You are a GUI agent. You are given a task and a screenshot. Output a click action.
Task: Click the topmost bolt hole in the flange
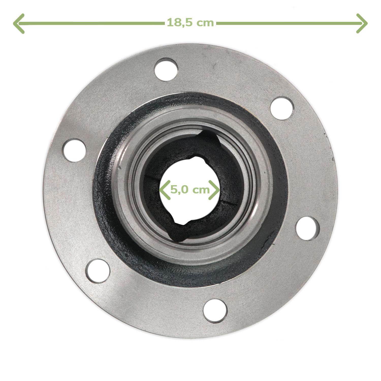pyautogui.click(x=166, y=69)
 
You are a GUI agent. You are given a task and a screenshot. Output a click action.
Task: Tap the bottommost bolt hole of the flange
pyautogui.click(x=215, y=311)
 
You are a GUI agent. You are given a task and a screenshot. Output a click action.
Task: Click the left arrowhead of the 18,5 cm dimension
pyautogui.click(x=19, y=23)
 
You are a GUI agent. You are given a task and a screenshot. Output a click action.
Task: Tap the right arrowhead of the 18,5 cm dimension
pyautogui.click(x=362, y=23)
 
